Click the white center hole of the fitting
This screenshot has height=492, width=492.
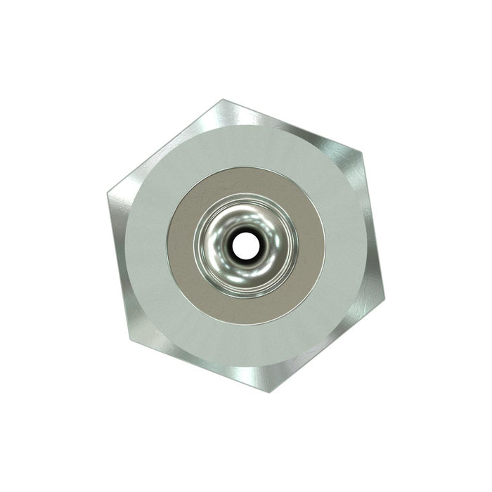pos(245,245)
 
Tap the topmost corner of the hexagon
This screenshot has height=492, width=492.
pos(224,100)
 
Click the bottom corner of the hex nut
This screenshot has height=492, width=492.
pos(269,391)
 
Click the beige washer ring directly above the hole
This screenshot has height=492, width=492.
pos(245,181)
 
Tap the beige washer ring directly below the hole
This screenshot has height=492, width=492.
pos(245,311)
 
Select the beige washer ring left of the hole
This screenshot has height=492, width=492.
pos(180,245)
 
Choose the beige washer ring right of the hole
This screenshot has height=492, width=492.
pos(311,245)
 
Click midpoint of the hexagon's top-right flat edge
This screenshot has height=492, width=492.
pos(292,124)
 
